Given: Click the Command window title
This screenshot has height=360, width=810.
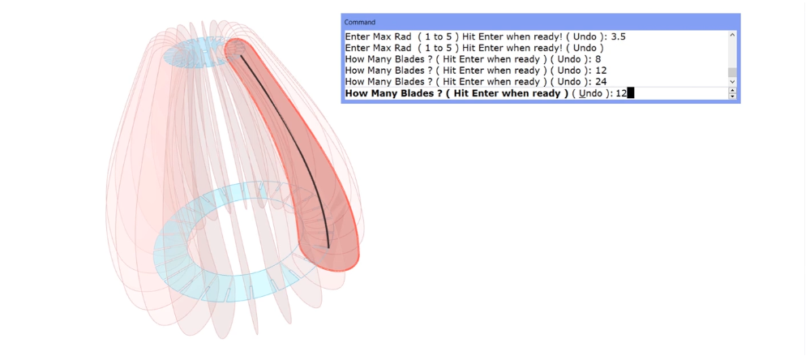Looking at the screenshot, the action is point(359,22).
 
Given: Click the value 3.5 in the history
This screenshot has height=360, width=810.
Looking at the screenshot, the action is point(619,36).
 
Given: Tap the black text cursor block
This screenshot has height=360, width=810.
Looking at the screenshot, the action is point(630,93).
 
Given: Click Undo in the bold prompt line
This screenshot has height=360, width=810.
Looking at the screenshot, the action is point(589,93).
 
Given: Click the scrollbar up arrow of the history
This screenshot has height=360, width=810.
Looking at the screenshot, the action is point(731,35).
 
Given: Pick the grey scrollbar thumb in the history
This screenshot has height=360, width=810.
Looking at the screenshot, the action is point(731,72).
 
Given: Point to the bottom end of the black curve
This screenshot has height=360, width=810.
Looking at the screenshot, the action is point(328,247).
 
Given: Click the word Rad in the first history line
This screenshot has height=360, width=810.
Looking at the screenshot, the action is point(404,36).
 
